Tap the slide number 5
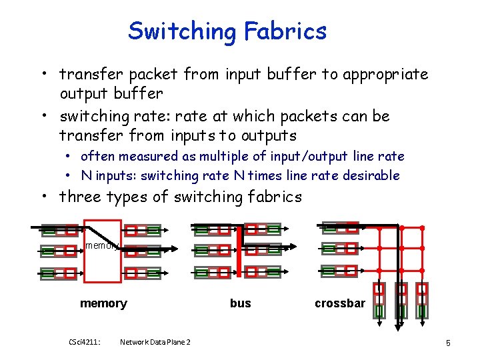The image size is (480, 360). pyautogui.click(x=449, y=343)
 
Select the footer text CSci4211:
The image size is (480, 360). pyautogui.click(x=85, y=342)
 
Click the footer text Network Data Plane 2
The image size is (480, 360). pyautogui.click(x=155, y=342)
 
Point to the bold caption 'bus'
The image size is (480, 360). pyautogui.click(x=240, y=303)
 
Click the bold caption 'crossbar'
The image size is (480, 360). pyautogui.click(x=340, y=303)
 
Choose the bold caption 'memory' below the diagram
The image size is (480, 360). pyautogui.click(x=103, y=303)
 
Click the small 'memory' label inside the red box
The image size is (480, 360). pyautogui.click(x=101, y=245)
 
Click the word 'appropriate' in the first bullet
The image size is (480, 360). pyautogui.click(x=385, y=75)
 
